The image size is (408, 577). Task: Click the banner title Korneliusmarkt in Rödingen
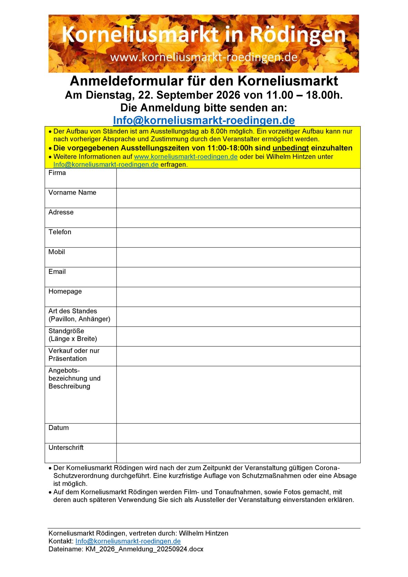click(x=203, y=35)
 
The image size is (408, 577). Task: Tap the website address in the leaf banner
click(x=203, y=57)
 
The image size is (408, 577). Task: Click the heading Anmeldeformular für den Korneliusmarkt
click(x=204, y=81)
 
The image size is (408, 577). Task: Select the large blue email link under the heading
click(x=204, y=120)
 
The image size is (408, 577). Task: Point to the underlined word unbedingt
click(x=290, y=148)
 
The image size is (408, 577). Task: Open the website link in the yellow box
click(x=186, y=157)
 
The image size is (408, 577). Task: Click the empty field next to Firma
click(x=238, y=178)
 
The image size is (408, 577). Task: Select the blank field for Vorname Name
click(x=238, y=198)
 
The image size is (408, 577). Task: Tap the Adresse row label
click(x=61, y=212)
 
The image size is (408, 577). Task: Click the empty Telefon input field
click(x=238, y=237)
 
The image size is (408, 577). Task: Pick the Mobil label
click(x=57, y=252)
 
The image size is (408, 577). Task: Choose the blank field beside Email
click(x=238, y=277)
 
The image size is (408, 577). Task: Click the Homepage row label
click(x=65, y=291)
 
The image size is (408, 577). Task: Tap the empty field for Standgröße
click(x=238, y=337)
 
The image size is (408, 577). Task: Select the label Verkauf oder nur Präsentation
click(x=74, y=355)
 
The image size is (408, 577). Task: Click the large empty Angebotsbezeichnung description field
click(x=238, y=395)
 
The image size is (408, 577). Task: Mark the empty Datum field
click(x=238, y=433)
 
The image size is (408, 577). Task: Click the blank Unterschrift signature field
click(x=238, y=453)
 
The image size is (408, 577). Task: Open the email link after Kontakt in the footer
click(x=128, y=541)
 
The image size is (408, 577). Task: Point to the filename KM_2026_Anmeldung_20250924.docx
click(x=144, y=549)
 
